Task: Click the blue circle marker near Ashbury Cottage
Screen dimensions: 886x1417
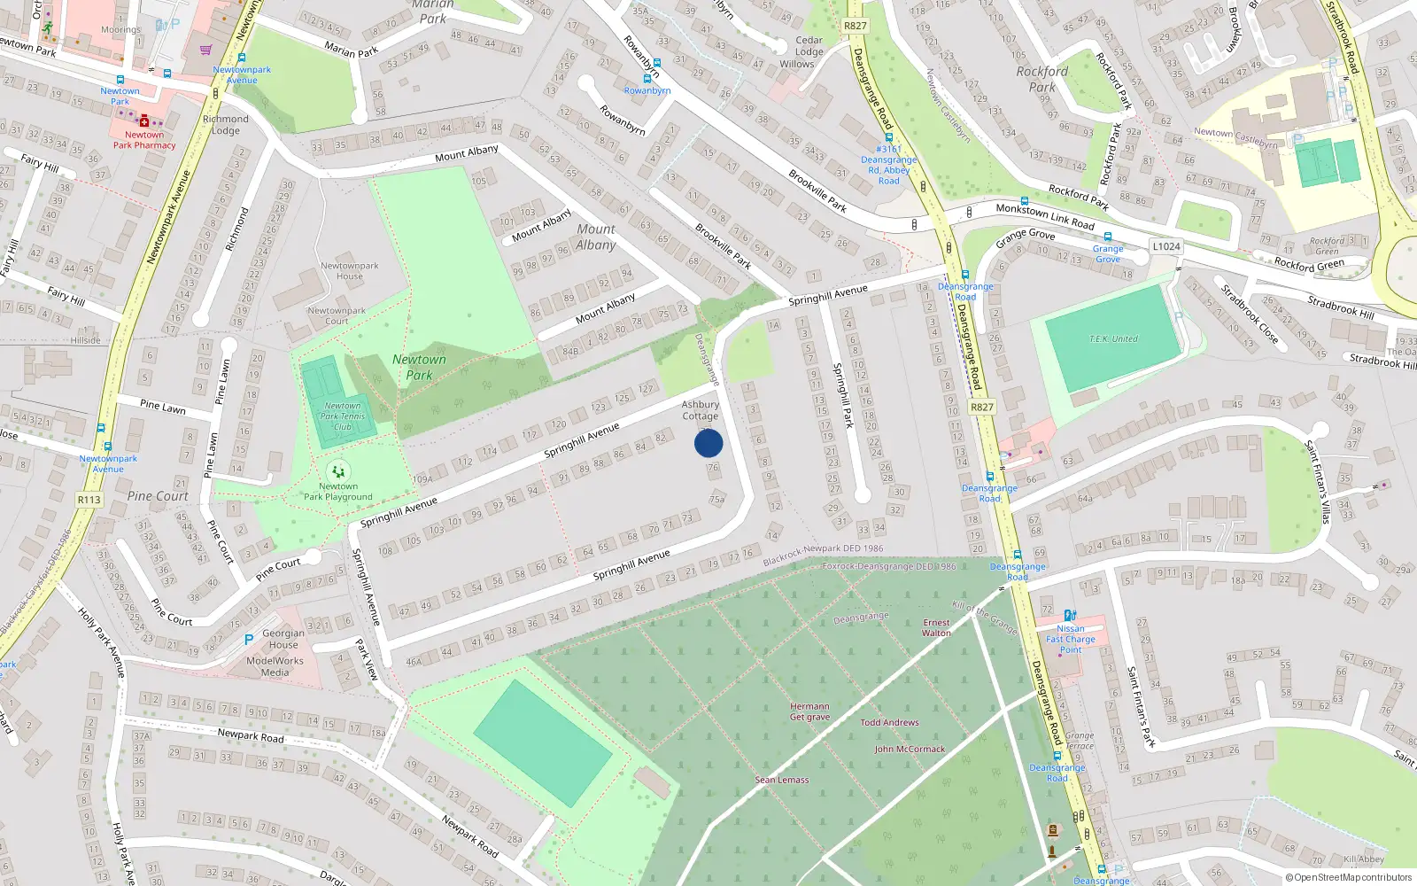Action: [708, 443]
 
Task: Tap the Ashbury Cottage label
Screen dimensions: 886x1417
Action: [701, 410]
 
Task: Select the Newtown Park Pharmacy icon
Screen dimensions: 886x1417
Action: [144, 121]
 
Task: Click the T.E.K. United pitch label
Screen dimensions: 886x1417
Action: [1113, 339]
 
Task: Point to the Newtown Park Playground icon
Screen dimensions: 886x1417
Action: [337, 471]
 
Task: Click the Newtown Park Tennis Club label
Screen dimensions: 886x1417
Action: [343, 416]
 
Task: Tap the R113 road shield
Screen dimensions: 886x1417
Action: [89, 500]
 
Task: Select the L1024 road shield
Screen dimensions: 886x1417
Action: [1165, 246]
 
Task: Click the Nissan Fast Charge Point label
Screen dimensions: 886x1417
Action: [1071, 639]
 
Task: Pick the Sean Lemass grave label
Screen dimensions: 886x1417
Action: [782, 780]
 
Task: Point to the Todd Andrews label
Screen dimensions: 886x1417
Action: [889, 722]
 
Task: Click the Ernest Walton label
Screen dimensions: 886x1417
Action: [936, 627]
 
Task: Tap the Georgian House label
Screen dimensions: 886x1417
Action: [283, 639]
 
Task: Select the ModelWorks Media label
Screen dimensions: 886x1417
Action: [275, 666]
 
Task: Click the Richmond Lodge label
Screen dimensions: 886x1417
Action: [226, 124]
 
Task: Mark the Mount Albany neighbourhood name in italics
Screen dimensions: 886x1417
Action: [596, 237]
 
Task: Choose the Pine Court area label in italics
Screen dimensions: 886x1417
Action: [158, 496]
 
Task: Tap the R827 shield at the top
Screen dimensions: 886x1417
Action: [856, 26]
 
